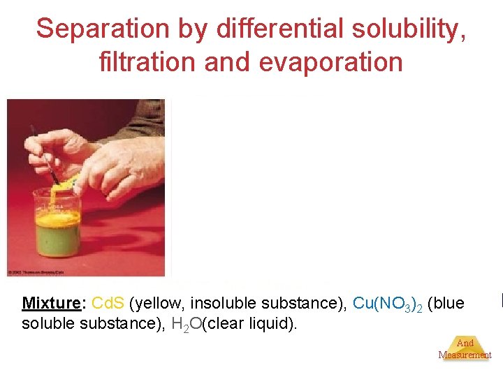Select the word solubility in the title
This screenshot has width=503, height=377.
tap(410, 29)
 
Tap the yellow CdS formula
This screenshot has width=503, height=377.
tap(108, 304)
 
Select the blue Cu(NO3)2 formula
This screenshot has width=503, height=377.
tap(386, 304)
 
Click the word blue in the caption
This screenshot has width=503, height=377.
tap(446, 304)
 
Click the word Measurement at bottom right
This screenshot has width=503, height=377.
tap(465, 355)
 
